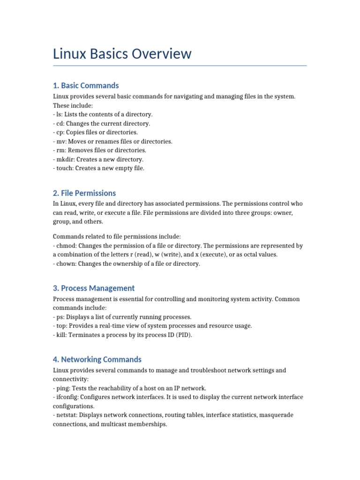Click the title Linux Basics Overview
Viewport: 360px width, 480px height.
coord(122,54)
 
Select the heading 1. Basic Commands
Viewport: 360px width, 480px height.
coord(86,85)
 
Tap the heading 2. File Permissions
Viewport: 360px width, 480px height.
coord(84,193)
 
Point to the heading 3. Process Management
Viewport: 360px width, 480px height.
coord(94,288)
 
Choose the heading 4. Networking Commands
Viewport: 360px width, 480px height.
coord(97,360)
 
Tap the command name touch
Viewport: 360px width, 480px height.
coord(64,168)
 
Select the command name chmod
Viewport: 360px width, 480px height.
coord(66,246)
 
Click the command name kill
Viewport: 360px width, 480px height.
coord(61,335)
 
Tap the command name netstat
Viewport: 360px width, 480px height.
coord(67,415)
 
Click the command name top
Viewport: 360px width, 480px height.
coord(60,326)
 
